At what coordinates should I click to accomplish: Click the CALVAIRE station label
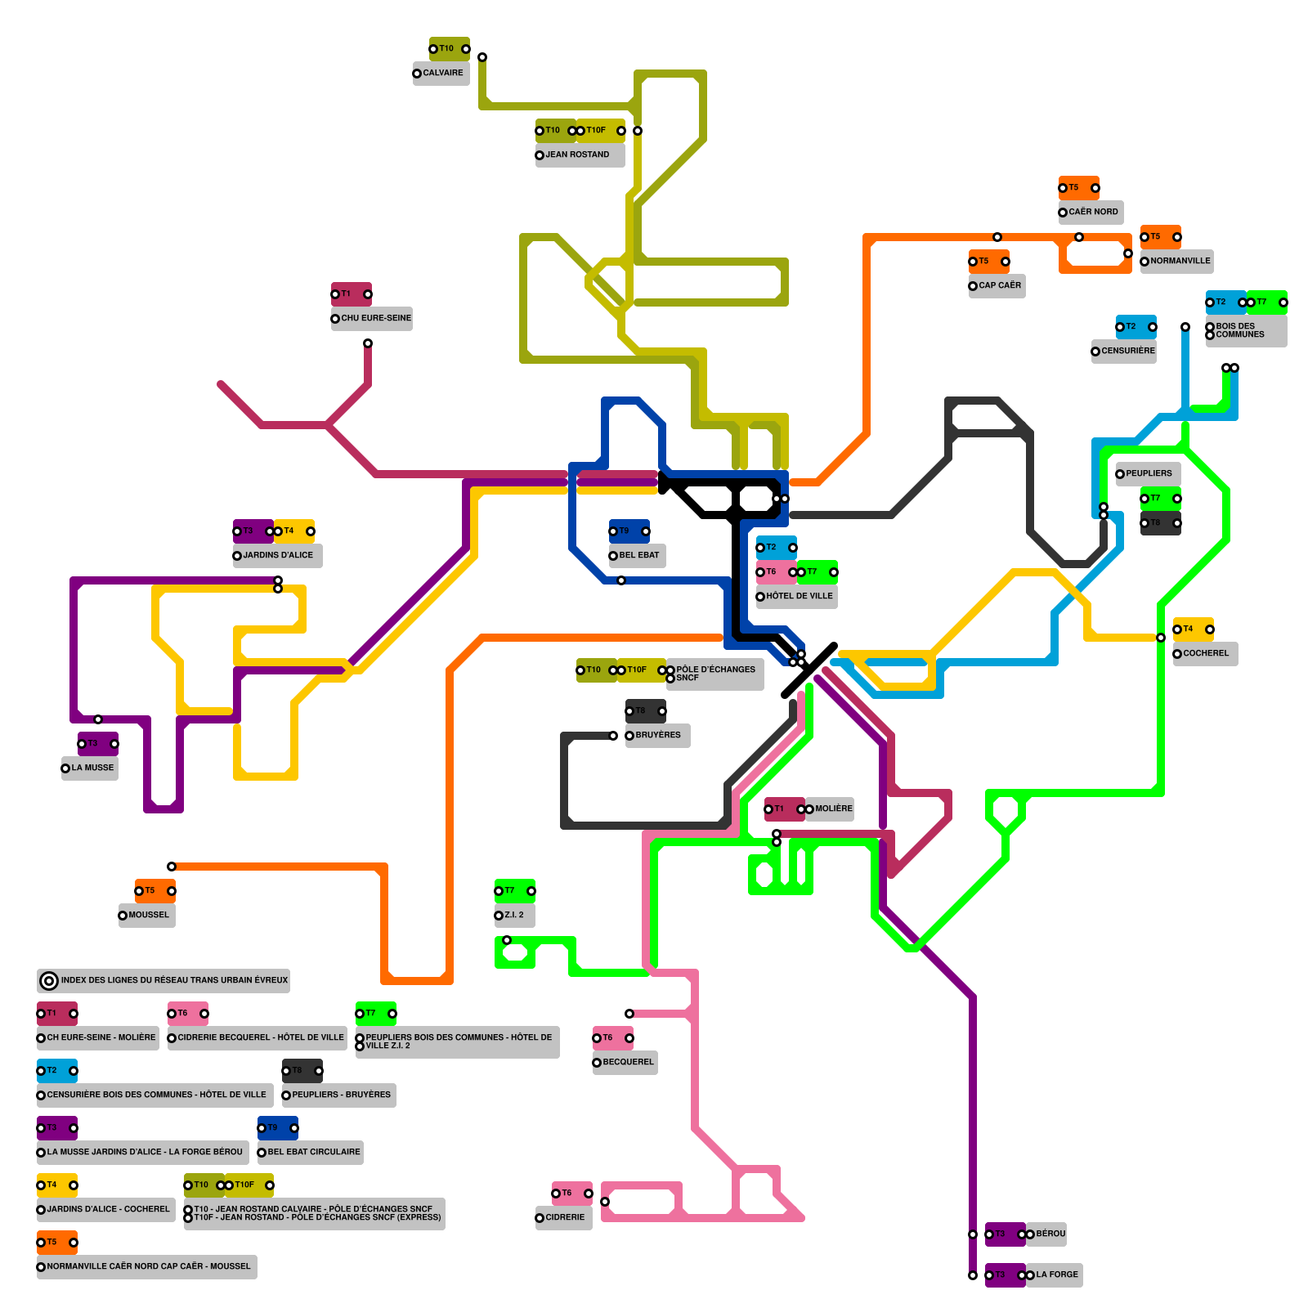pos(442,73)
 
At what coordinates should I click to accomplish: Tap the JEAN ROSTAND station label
pos(577,155)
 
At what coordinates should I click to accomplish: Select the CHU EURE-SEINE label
pos(375,318)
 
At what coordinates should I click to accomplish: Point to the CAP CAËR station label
pos(999,285)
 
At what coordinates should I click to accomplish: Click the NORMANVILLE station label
pos(1180,261)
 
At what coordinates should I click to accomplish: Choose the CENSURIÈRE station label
pos(1127,351)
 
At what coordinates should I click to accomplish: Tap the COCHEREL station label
pos(1206,653)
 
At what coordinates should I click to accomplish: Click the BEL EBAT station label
pos(638,555)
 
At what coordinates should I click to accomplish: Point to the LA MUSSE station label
pos(92,768)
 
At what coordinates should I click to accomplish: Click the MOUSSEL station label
pos(148,915)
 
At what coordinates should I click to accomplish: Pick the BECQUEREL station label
pos(628,1062)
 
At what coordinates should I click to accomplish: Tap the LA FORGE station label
pos(1056,1274)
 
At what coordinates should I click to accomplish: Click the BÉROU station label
pos(1050,1234)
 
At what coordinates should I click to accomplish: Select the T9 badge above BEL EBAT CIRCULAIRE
pos(278,1127)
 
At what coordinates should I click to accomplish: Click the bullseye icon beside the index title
pos(49,980)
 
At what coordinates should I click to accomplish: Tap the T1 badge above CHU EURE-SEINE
pos(352,293)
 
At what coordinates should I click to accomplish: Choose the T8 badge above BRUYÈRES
pos(646,710)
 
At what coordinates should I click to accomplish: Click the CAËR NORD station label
pos(1092,212)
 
